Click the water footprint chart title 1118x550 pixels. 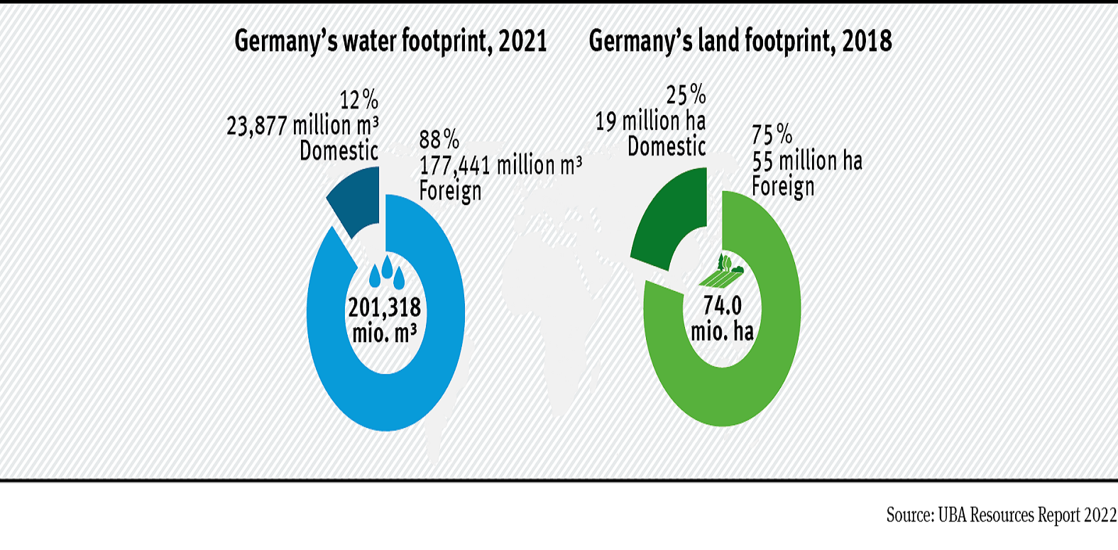click(390, 41)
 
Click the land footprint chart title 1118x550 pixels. click(740, 41)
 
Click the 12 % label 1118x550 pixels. click(358, 99)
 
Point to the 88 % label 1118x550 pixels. click(439, 139)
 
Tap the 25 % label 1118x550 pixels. click(686, 94)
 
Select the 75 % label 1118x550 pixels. click(772, 134)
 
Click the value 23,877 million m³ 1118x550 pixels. click(302, 126)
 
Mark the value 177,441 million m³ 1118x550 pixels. click(500, 165)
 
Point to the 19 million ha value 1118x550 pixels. click(650, 121)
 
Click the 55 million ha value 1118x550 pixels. click(807, 161)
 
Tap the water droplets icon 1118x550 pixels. click(387, 273)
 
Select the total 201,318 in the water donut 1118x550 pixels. click(385, 307)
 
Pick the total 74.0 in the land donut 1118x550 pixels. click(722, 305)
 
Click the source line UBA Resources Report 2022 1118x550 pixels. click(1001, 515)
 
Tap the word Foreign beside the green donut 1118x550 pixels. click(783, 187)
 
